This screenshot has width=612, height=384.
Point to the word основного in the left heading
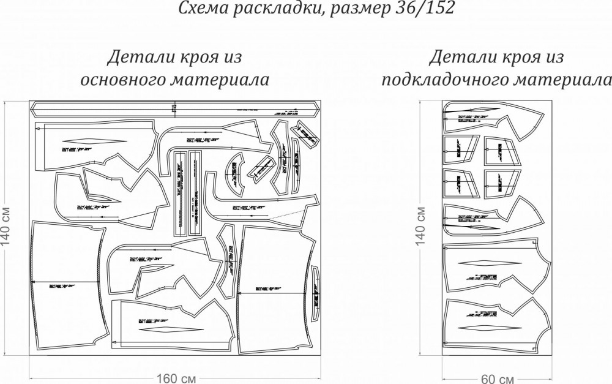click(128, 80)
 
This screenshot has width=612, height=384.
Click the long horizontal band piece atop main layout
click(174, 110)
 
